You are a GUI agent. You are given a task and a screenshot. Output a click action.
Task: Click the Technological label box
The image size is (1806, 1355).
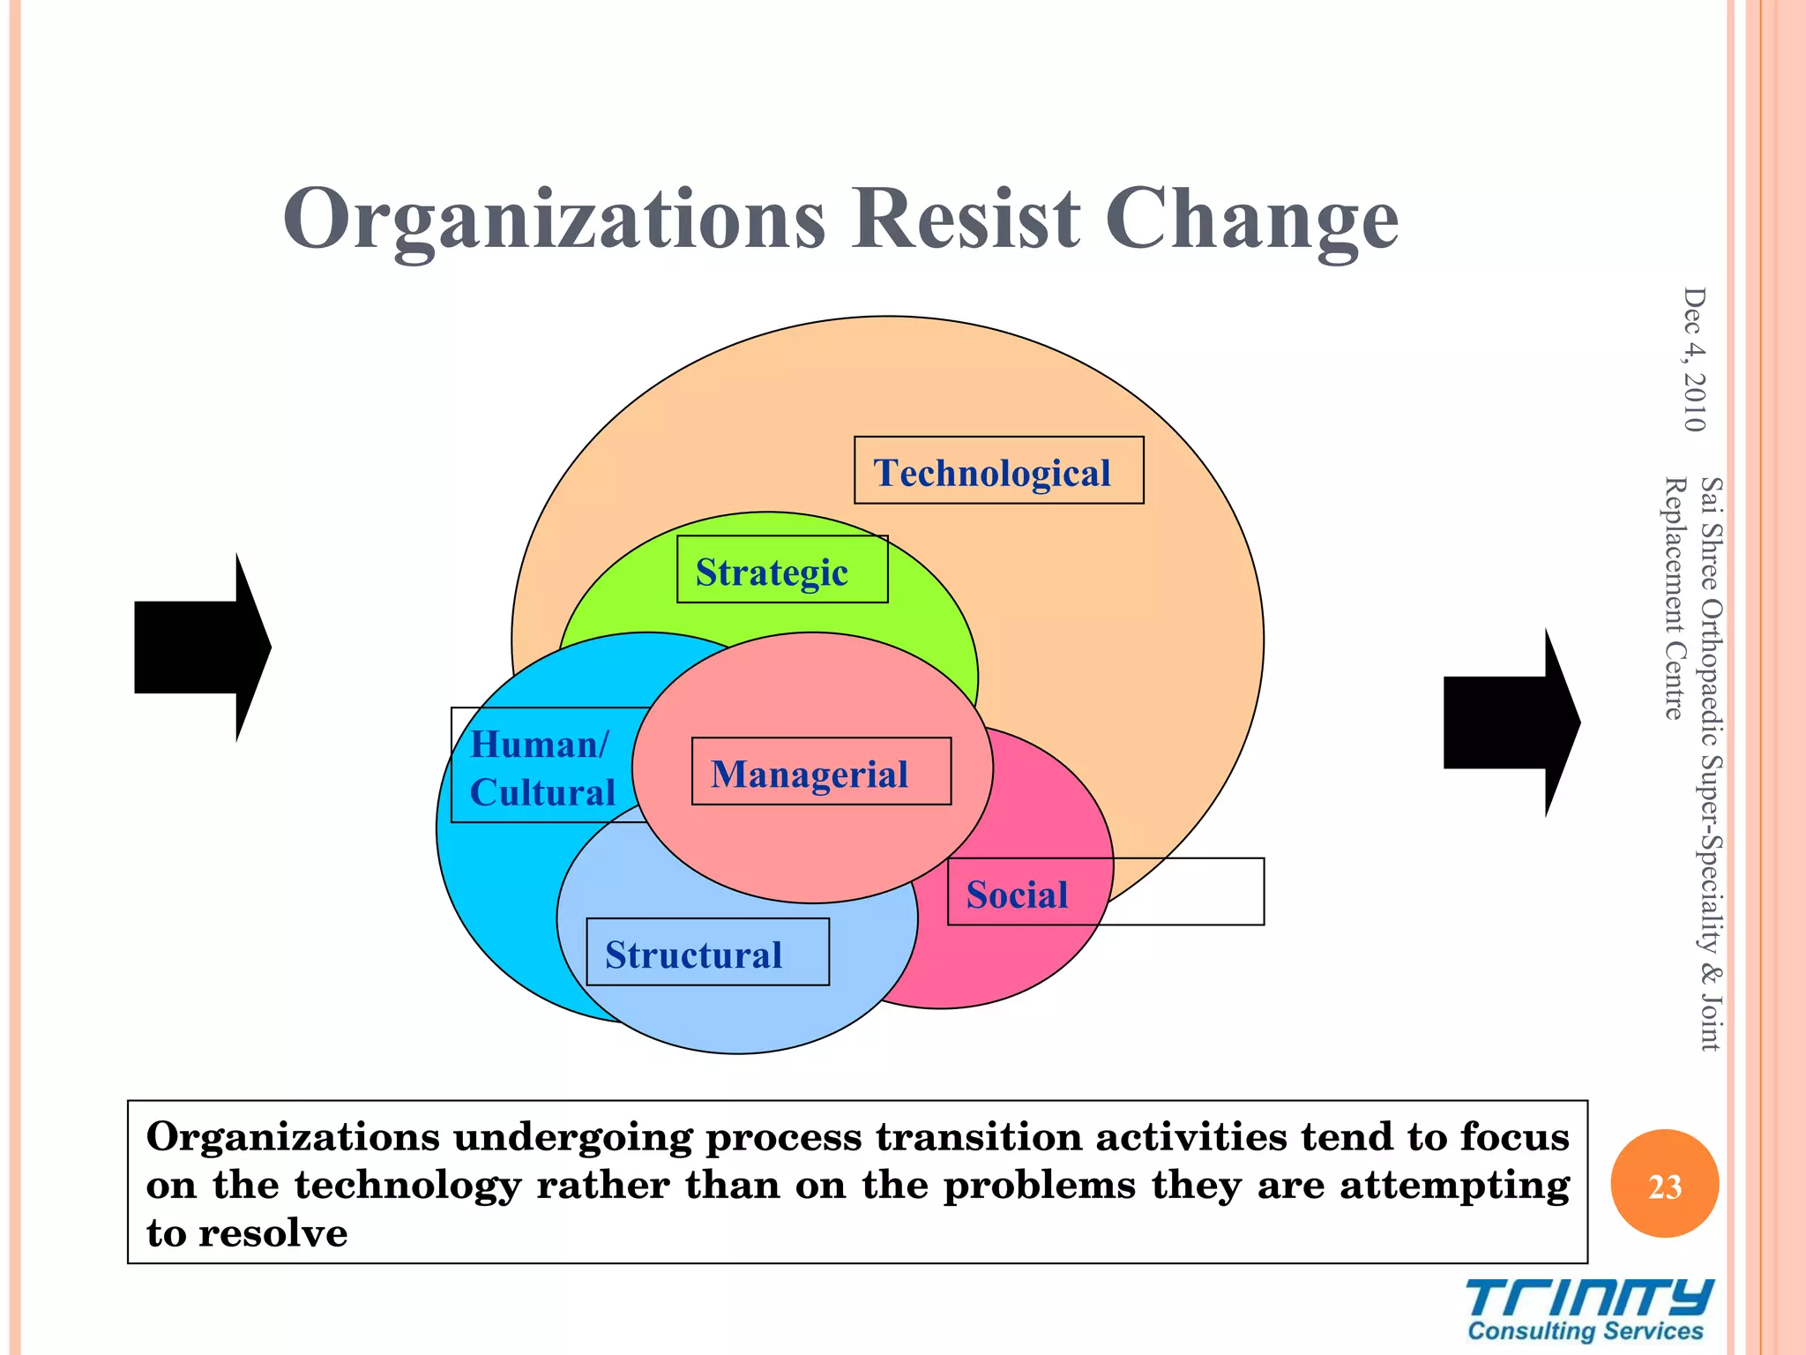pyautogui.click(x=997, y=471)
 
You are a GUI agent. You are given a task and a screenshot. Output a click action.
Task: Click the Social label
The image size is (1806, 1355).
pyautogui.click(x=1017, y=894)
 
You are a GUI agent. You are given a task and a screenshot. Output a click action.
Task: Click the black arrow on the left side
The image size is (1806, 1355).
pyautogui.click(x=201, y=647)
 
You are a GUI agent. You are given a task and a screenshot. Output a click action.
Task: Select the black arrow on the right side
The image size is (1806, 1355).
pyautogui.click(x=1510, y=722)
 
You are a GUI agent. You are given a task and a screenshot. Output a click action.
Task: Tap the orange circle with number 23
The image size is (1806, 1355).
pyautogui.click(x=1663, y=1184)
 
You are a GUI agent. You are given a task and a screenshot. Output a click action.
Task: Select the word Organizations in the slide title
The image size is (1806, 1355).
pyautogui.click(x=554, y=221)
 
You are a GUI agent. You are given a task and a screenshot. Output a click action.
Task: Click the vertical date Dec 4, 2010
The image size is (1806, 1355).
pyautogui.click(x=1693, y=360)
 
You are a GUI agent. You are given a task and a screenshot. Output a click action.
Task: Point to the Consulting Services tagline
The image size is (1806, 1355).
pyautogui.click(x=1585, y=1330)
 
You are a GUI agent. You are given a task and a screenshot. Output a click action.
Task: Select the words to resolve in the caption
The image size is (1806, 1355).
pyautogui.click(x=247, y=1231)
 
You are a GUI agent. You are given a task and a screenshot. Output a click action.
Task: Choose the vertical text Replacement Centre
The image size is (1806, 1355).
pyautogui.click(x=1673, y=598)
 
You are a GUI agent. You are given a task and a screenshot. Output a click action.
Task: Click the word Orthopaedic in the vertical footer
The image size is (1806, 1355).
pyautogui.click(x=1710, y=670)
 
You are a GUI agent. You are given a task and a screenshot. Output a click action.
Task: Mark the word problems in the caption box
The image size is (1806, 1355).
pyautogui.click(x=1039, y=1185)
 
